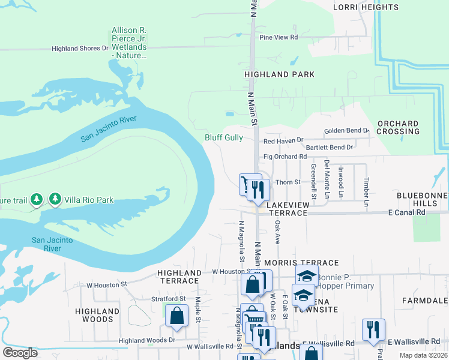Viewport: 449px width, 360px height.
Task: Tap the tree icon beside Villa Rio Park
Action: point(55,198)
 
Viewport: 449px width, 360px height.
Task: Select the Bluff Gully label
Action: point(224,137)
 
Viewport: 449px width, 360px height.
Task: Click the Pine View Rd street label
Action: point(279,37)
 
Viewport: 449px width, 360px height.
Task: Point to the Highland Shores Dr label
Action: point(80,49)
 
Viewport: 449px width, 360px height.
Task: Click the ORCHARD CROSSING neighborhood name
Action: point(398,127)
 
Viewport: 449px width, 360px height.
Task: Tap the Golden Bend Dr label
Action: point(346,131)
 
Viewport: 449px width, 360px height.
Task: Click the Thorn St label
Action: point(287,182)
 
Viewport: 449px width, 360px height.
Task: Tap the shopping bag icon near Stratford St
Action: point(177,316)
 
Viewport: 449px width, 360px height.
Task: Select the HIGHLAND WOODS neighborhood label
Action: point(97,315)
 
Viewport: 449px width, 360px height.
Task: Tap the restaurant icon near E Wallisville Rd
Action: point(373,328)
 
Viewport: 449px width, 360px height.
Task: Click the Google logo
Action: point(20,353)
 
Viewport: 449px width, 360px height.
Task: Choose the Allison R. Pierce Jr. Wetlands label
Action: point(129,43)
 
